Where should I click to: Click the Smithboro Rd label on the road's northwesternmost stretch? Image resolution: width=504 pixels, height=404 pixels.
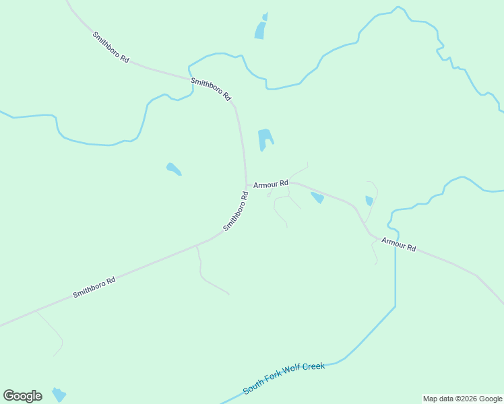point(111,47)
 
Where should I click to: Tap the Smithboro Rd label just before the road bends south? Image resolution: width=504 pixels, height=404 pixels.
point(211,90)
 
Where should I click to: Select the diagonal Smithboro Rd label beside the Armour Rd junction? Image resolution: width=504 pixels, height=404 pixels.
point(236,211)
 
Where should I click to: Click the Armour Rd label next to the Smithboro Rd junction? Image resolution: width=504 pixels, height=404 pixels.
point(271,183)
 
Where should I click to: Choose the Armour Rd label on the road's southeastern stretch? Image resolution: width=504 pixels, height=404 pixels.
point(399,244)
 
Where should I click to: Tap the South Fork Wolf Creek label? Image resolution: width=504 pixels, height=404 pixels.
point(284,378)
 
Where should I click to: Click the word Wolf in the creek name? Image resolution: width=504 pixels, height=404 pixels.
point(292,374)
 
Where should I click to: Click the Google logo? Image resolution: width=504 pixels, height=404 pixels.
point(22,396)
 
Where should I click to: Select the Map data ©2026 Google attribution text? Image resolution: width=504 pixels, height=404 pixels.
point(463,399)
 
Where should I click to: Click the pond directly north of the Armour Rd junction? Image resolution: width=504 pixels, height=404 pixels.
point(265,139)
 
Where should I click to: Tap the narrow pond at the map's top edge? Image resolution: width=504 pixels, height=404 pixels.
point(261,28)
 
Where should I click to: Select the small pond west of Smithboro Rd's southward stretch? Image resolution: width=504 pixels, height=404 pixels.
point(173,168)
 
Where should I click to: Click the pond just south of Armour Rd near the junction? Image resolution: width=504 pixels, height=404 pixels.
point(317,197)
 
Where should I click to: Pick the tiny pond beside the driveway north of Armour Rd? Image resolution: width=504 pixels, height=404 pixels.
point(369,201)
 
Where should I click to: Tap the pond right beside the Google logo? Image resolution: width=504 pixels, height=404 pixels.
point(59,395)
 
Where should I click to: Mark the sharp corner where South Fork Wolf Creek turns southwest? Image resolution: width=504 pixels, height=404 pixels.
point(395,307)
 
